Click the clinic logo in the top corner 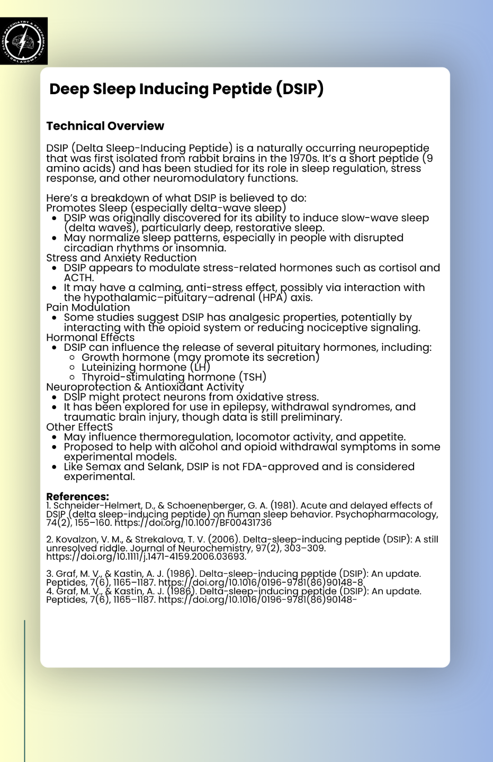pos(24,41)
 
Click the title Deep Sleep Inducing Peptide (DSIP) pos(186,89)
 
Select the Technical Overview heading pos(105,126)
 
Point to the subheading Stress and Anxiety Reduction pos(121,258)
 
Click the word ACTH pos(78,278)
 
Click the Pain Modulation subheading pos(88,307)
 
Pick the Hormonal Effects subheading pos(90,338)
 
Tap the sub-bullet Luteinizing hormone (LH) pos(146,367)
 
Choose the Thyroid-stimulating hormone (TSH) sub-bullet pos(174,377)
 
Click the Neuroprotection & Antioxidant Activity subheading pos(145,387)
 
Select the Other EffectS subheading pos(79,427)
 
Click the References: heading pos(77,496)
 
